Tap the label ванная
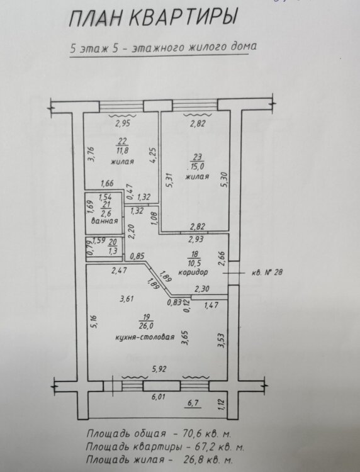[x=104, y=221]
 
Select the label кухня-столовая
[x=145, y=337]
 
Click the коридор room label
[x=193, y=272]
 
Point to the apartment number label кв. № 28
[x=267, y=273]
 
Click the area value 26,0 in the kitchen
[x=147, y=325]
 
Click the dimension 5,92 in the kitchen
[x=159, y=369]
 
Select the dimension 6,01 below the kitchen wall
[x=159, y=397]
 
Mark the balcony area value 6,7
[x=193, y=403]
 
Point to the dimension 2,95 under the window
[x=123, y=123]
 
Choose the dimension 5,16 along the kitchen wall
[x=94, y=322]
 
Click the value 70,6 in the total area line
[x=193, y=434]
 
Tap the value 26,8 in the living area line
[x=193, y=459]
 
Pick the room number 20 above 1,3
[x=113, y=242]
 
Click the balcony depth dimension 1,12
[x=222, y=403]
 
